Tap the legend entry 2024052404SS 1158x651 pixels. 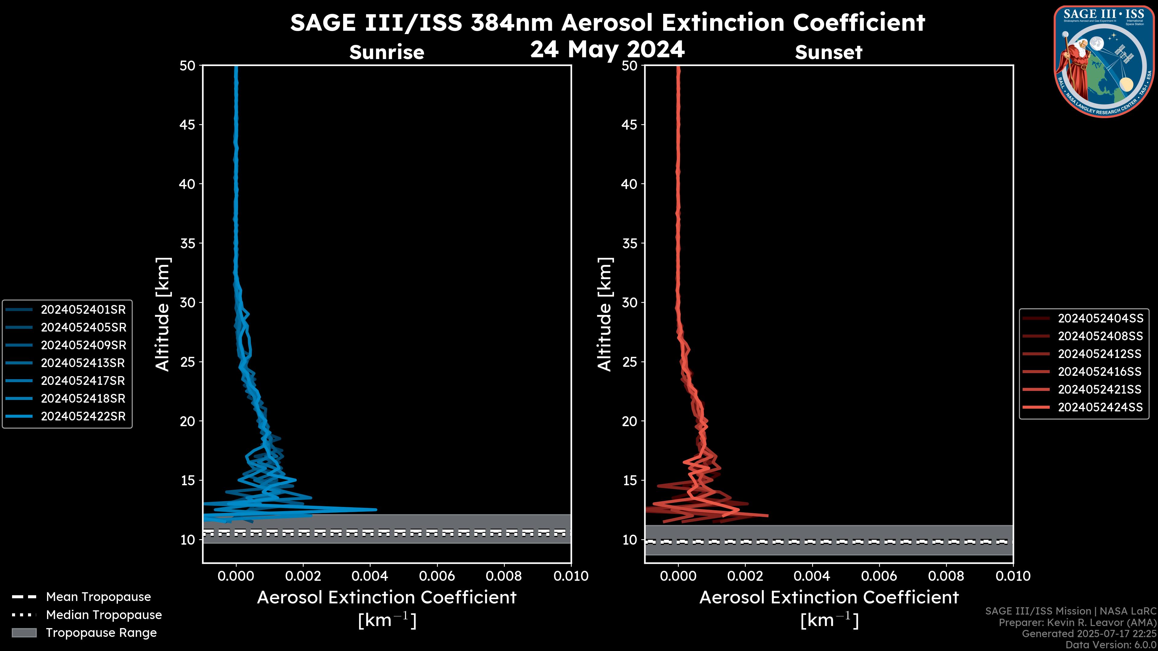click(1100, 319)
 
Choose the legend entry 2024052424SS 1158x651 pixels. click(1100, 407)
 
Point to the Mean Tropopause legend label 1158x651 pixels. click(98, 597)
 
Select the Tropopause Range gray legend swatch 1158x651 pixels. click(24, 633)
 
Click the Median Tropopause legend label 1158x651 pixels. click(104, 615)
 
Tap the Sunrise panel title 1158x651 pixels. click(387, 52)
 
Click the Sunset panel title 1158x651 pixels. click(828, 52)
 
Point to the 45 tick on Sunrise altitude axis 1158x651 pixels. click(187, 125)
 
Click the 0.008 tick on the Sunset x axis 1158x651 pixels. click(946, 576)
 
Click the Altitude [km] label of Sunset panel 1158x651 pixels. click(605, 314)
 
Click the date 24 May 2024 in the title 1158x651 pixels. click(607, 49)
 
